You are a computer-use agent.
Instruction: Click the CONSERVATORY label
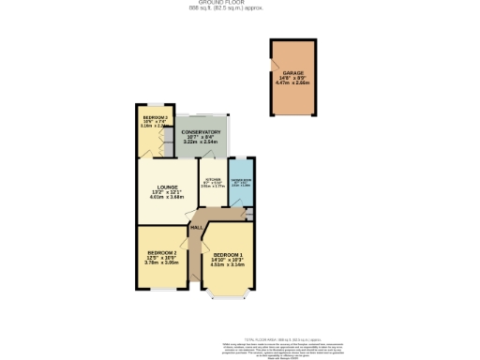[202, 132]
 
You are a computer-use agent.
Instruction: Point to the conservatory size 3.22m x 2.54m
[202, 143]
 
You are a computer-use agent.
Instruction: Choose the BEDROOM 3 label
[156, 117]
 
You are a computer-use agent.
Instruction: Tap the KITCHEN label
[213, 179]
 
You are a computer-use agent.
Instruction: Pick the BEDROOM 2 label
[162, 253]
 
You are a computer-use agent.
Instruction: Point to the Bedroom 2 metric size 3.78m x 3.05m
[162, 263]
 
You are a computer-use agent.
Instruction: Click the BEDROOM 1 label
[227, 256]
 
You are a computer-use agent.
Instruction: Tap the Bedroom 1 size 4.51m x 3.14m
[227, 266]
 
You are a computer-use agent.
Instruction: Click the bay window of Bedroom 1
[226, 298]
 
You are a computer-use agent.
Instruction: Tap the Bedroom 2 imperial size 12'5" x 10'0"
[162, 259]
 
